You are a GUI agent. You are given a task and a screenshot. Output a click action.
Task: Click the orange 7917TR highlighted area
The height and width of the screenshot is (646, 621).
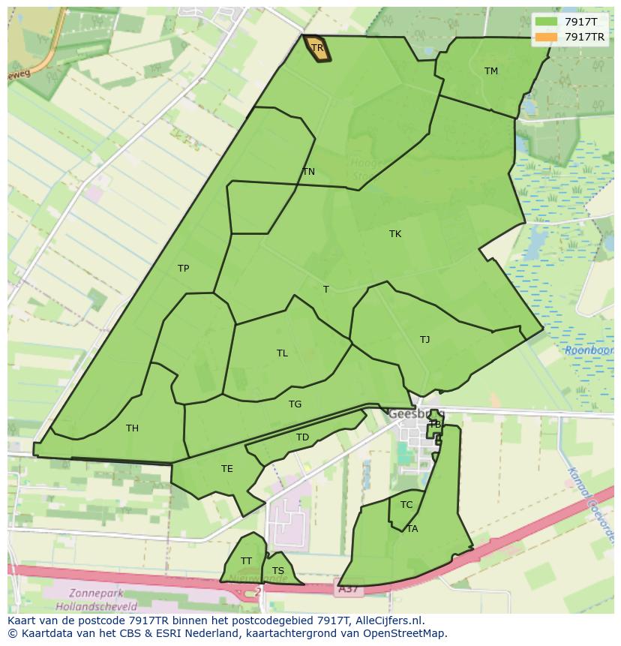[x=317, y=49]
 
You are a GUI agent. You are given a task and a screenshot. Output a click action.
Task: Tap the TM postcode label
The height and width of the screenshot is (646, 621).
[x=491, y=71]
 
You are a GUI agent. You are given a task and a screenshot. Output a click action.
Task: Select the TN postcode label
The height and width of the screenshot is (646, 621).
[x=308, y=172]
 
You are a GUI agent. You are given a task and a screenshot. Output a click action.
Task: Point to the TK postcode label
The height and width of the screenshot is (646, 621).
[x=395, y=234]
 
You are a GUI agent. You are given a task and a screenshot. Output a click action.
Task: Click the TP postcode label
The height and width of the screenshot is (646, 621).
[x=183, y=269]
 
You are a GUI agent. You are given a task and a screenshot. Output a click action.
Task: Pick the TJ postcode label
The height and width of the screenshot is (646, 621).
[x=425, y=340]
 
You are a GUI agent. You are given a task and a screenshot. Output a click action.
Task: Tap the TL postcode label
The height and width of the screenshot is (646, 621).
[x=282, y=353]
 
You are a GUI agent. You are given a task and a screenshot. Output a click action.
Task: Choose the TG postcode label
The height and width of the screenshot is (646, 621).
[x=295, y=404]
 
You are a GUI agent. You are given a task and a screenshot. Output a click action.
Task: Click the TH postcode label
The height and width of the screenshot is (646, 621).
[x=132, y=428]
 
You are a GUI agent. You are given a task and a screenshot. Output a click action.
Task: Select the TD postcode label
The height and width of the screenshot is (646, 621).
[x=302, y=437]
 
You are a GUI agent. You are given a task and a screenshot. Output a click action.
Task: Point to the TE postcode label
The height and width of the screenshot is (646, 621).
[x=227, y=469]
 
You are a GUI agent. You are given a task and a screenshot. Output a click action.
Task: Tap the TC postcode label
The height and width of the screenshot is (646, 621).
[x=406, y=505]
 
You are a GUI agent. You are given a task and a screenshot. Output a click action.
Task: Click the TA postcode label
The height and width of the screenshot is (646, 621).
[x=412, y=529]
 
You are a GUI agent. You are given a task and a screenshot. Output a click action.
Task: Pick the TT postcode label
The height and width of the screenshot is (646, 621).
[x=246, y=561]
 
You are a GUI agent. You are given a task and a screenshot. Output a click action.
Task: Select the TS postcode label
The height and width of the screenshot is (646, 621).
[x=278, y=571]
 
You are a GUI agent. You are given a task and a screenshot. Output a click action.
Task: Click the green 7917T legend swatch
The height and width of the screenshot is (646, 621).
[x=547, y=23]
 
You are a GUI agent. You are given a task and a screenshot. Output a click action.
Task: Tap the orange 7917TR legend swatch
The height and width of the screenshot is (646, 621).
[x=547, y=37]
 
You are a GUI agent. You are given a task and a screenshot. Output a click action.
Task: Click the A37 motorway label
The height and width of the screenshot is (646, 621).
[x=346, y=590]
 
